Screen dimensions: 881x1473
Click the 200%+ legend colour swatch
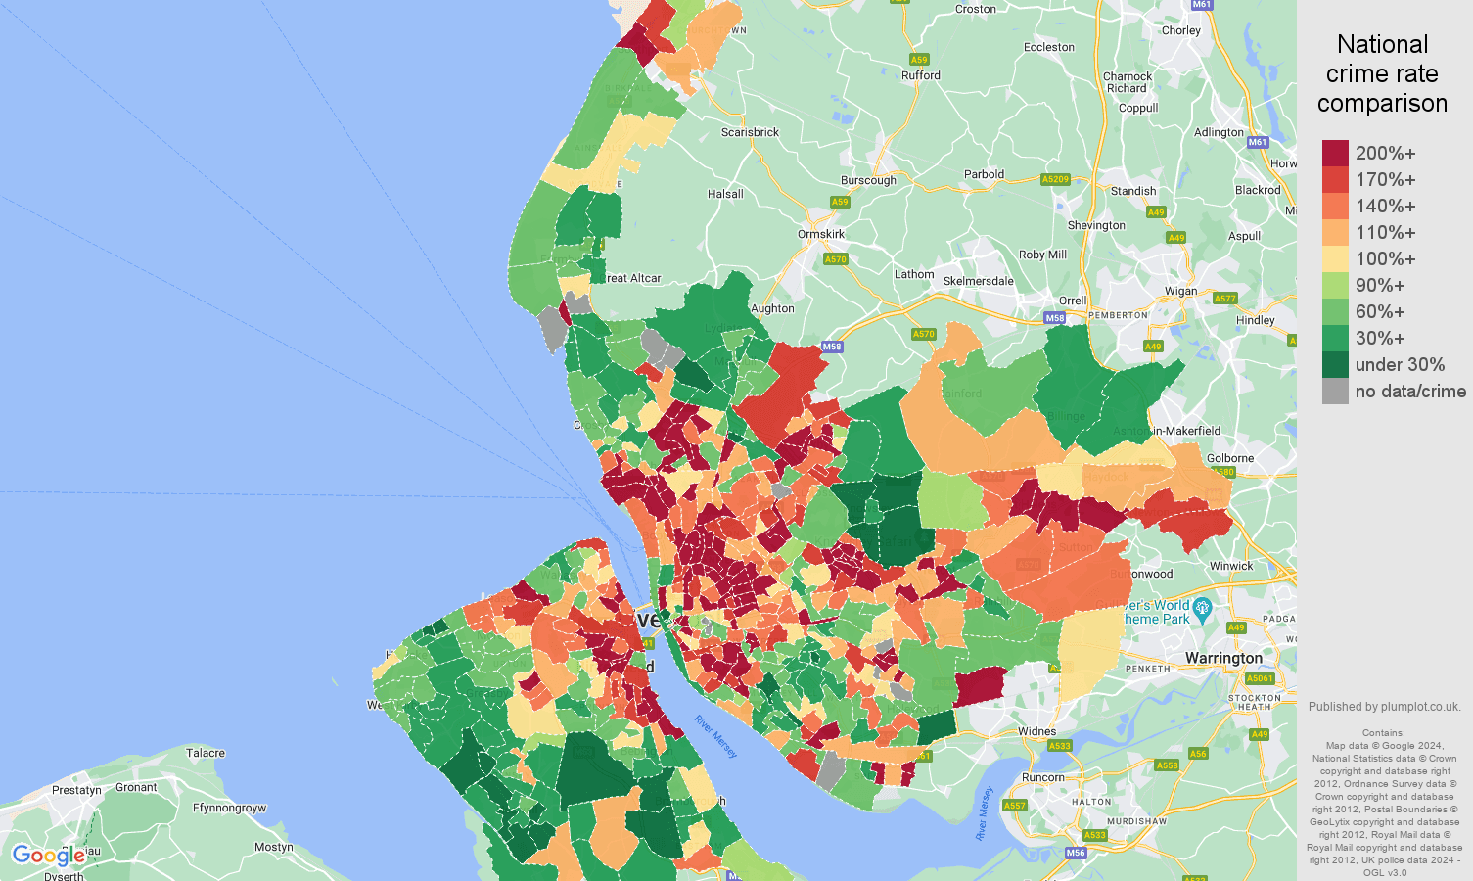(1335, 153)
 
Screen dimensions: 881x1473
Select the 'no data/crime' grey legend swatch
(1335, 392)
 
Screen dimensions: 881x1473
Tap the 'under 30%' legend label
(1400, 365)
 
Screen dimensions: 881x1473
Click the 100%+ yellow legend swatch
(1335, 258)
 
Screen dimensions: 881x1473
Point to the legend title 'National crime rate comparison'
(1382, 73)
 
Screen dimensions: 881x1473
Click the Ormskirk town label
(821, 234)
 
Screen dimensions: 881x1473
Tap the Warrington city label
(1223, 658)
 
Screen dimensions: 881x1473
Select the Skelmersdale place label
(978, 281)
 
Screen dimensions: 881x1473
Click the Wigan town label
(1180, 291)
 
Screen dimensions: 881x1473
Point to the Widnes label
(1036, 731)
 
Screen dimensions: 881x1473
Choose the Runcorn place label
(1042, 777)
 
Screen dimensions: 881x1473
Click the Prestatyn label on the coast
(76, 790)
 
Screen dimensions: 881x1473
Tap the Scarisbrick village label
(750, 132)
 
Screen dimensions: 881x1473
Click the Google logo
(48, 856)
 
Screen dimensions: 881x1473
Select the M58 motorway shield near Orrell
(1054, 318)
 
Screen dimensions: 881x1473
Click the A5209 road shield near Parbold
(1055, 179)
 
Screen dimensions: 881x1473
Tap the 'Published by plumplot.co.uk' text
(1384, 707)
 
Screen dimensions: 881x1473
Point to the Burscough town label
(868, 180)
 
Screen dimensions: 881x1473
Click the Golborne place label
(1230, 458)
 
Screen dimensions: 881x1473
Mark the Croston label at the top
(975, 9)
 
